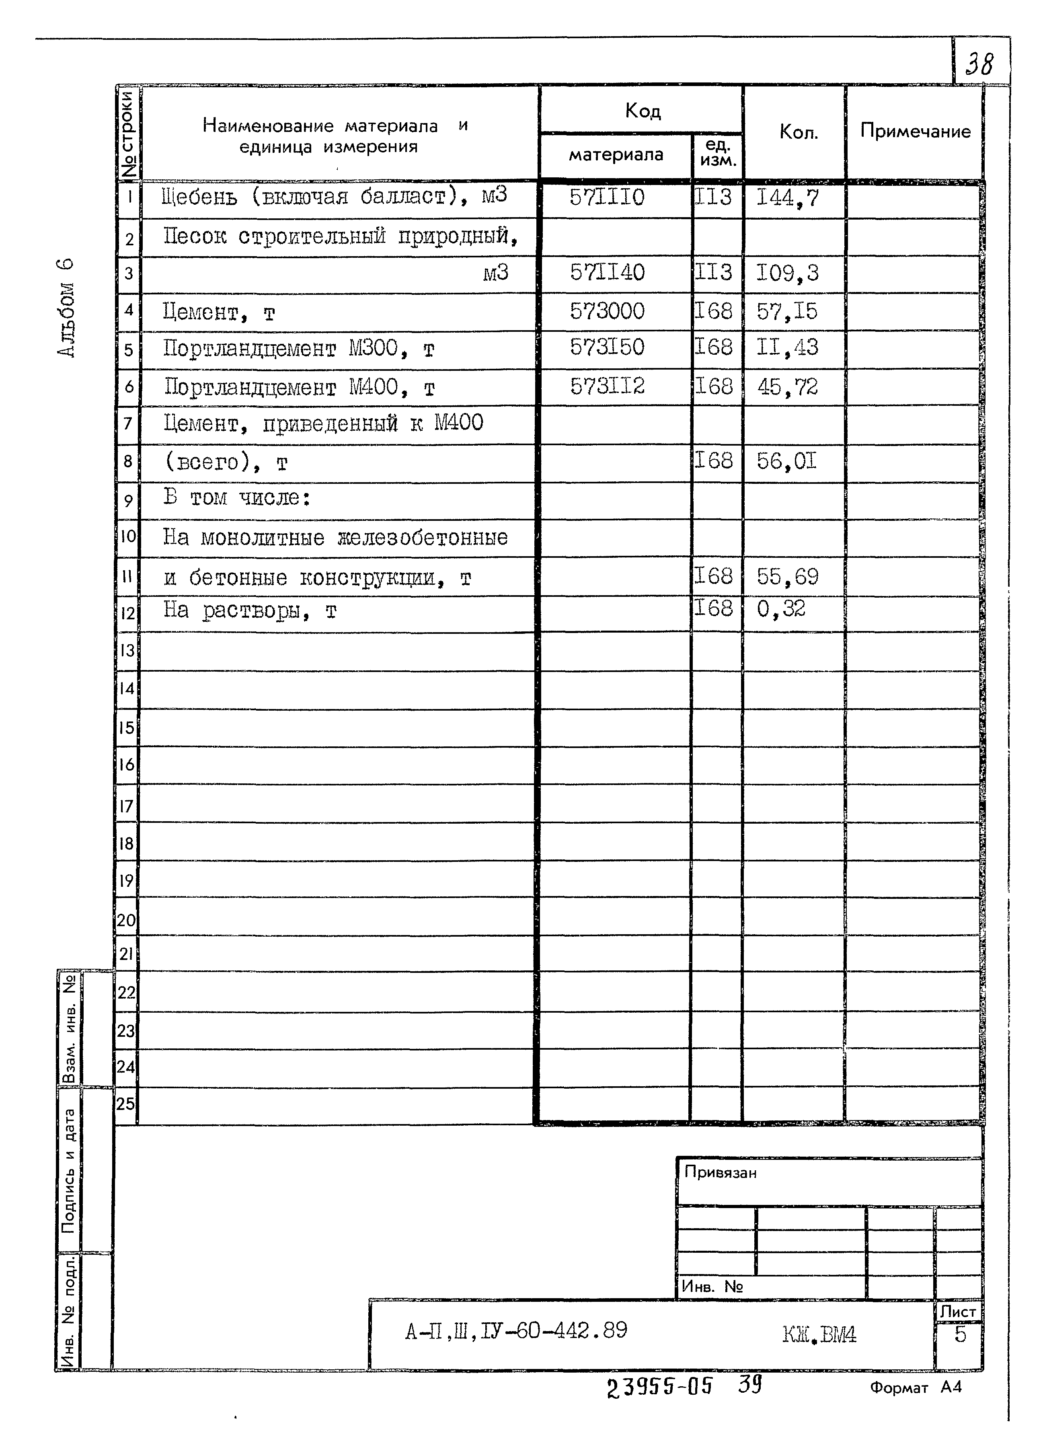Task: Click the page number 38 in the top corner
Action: coord(979,64)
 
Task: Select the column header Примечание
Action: coord(915,131)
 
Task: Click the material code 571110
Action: coord(607,197)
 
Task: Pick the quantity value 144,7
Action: coord(787,198)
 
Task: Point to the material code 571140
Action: coord(607,273)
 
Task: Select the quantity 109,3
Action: coord(787,273)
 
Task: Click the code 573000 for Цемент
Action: coord(607,311)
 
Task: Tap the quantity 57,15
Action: coord(787,312)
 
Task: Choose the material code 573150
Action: coord(607,347)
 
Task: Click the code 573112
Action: coord(607,386)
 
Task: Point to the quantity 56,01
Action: coord(786,460)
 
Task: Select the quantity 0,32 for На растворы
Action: coord(780,608)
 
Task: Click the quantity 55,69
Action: coord(787,576)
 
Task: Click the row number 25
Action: coord(126,1104)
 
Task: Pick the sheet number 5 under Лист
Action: coord(959,1334)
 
